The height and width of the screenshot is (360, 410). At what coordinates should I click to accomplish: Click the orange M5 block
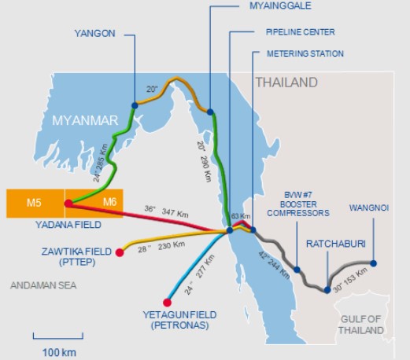click(34, 204)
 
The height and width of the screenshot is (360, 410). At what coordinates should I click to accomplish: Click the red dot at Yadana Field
click(68, 204)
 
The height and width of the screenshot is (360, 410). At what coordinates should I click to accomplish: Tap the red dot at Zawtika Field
click(120, 252)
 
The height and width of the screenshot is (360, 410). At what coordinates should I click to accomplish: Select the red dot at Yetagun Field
click(167, 303)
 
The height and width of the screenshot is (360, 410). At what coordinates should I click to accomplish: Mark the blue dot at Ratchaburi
click(327, 290)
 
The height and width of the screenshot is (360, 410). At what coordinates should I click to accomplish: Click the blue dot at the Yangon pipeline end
click(135, 104)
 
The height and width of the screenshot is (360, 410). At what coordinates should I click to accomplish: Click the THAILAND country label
click(286, 83)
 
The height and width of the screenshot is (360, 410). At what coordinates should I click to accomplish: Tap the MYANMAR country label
click(84, 120)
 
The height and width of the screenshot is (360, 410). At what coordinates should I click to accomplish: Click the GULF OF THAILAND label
click(368, 325)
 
